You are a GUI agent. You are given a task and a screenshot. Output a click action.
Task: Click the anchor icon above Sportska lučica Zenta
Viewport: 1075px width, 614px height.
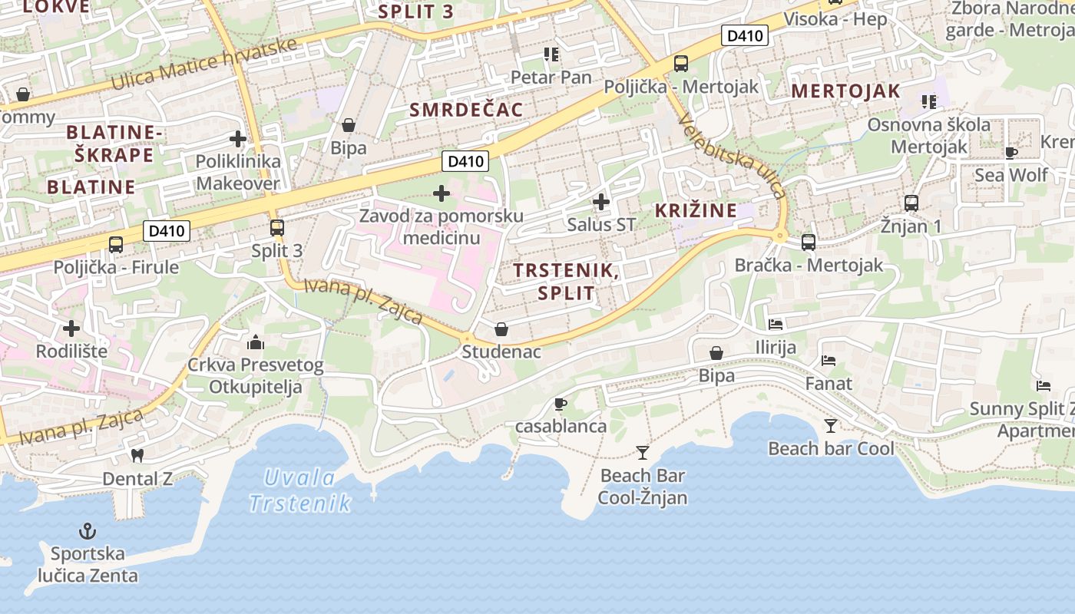click(x=88, y=531)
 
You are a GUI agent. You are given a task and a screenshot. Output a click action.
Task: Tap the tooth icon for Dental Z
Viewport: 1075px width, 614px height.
click(x=138, y=455)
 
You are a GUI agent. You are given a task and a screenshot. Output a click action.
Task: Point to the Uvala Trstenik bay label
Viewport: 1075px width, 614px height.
click(x=299, y=490)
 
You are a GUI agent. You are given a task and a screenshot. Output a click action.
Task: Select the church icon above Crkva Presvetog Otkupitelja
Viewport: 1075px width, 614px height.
click(x=256, y=342)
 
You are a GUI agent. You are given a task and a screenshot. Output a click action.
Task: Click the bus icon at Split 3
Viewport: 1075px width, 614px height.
click(x=277, y=228)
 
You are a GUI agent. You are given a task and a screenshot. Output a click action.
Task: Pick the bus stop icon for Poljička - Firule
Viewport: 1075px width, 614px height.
click(x=116, y=245)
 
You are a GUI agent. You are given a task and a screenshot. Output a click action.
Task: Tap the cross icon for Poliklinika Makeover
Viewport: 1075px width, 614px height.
click(x=238, y=139)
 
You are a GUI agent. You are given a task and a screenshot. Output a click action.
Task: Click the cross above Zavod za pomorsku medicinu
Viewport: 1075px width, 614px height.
click(x=442, y=193)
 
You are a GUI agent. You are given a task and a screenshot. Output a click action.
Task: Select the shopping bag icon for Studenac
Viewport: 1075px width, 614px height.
click(x=501, y=329)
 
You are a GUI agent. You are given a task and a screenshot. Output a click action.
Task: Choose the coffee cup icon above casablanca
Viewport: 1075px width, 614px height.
click(x=561, y=404)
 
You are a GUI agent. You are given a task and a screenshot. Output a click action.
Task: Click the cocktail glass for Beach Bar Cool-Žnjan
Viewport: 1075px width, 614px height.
click(x=643, y=453)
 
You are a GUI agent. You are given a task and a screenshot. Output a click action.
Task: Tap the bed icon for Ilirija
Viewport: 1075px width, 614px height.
click(x=776, y=325)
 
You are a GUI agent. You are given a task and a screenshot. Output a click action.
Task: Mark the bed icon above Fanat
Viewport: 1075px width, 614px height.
click(x=829, y=360)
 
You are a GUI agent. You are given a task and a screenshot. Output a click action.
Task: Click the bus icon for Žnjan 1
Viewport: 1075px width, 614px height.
click(x=911, y=203)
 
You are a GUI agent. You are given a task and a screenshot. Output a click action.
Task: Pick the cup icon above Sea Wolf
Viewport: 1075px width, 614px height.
click(x=1011, y=153)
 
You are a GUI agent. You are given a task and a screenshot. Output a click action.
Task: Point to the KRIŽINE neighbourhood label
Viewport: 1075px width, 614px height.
click(x=696, y=211)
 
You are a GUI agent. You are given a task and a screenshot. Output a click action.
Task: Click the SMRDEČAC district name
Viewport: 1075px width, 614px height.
click(x=466, y=110)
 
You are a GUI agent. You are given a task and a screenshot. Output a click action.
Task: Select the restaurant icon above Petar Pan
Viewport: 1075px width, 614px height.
click(x=551, y=54)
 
